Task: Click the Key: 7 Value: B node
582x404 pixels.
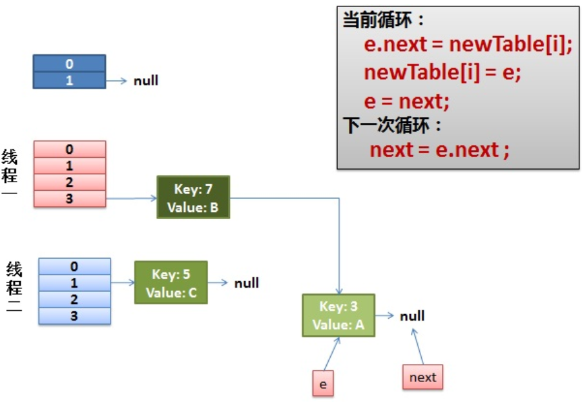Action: (192, 197)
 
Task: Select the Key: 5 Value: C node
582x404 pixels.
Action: (171, 282)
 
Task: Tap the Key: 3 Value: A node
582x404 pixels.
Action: (338, 315)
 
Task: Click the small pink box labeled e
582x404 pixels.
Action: (323, 383)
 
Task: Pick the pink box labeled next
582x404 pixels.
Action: (422, 377)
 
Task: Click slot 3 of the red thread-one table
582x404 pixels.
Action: (69, 198)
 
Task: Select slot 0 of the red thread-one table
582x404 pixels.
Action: (69, 149)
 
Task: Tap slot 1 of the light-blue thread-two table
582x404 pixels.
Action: (74, 282)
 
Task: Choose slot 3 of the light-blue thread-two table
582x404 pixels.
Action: (74, 315)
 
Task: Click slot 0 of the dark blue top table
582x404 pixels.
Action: (69, 63)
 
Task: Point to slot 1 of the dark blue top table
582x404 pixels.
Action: (69, 80)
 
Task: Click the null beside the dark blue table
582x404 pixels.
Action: (146, 81)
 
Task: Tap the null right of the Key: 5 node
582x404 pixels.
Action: (247, 283)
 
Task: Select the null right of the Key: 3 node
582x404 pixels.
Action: (412, 315)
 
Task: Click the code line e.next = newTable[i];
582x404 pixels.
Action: (468, 45)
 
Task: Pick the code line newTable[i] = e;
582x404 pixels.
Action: (442, 72)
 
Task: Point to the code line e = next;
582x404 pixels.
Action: (406, 101)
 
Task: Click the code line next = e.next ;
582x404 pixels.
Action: (439, 150)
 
